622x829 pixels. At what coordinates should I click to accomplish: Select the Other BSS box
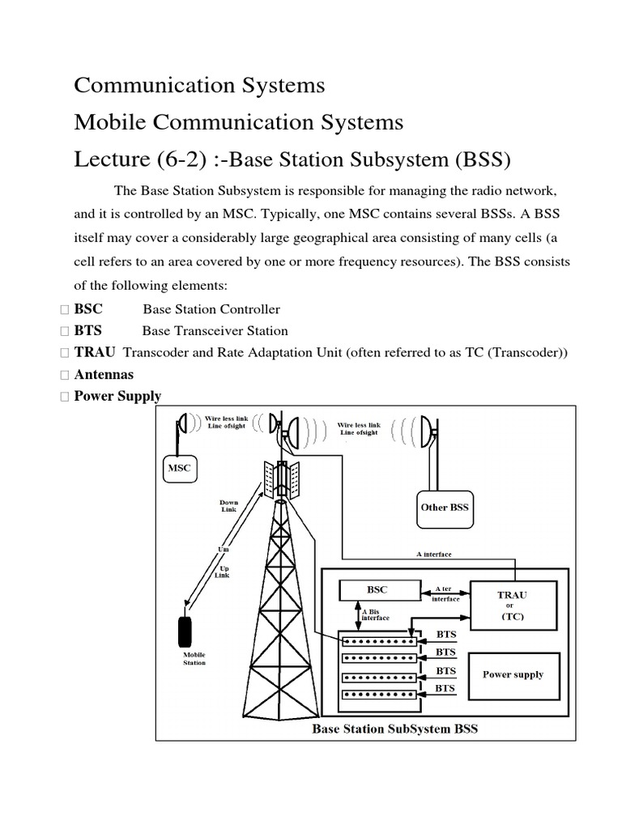pos(445,508)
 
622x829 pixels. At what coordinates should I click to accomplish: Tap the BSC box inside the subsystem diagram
pos(378,592)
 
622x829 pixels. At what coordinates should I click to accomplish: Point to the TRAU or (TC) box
pos(513,605)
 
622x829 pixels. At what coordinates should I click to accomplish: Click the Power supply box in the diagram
pos(513,674)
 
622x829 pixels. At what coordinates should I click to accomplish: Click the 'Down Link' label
pos(229,506)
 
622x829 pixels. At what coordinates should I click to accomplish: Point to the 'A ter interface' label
pos(446,594)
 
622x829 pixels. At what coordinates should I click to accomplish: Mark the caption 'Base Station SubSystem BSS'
pos(395,729)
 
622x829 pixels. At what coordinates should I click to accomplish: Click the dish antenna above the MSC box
pos(182,423)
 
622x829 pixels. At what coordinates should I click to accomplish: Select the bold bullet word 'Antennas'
pos(104,375)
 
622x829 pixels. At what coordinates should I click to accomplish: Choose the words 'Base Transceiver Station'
pos(215,331)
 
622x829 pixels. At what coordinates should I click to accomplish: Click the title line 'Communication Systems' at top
pos(199,85)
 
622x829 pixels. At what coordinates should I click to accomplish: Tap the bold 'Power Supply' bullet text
pos(117,397)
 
